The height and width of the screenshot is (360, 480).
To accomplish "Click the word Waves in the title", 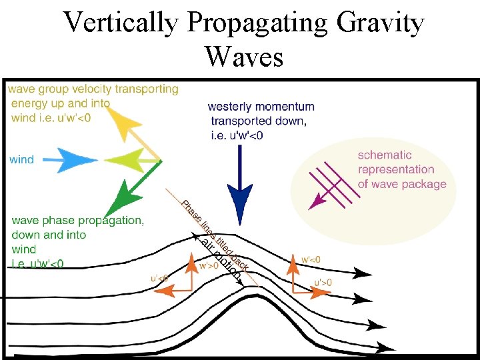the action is (x=244, y=57).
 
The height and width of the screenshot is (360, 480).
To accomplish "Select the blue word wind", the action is (x=22, y=160).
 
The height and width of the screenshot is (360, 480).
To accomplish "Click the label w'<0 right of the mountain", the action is (x=311, y=259).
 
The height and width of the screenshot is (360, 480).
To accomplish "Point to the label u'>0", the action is (x=323, y=283).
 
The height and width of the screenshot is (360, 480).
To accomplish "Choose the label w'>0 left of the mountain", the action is (x=209, y=266).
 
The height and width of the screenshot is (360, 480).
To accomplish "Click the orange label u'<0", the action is (x=159, y=277).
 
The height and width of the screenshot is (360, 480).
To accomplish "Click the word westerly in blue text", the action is (x=230, y=107).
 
